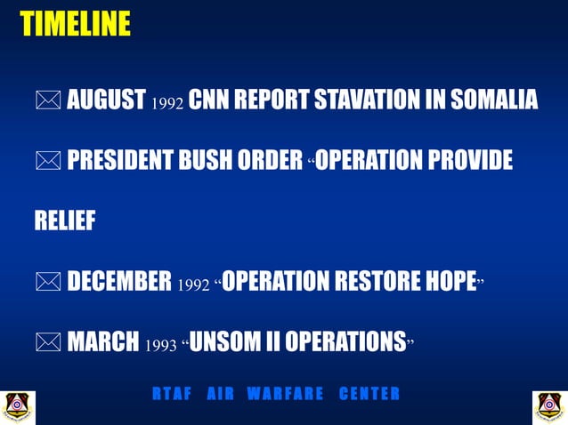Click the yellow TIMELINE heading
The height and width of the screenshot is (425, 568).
(x=75, y=24)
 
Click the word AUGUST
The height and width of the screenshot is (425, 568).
(x=106, y=100)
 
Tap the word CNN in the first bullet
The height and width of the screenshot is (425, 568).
(x=209, y=100)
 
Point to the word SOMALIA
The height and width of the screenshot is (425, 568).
(x=493, y=100)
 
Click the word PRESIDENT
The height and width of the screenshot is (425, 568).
(x=125, y=160)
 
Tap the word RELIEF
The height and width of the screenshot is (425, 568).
(x=64, y=221)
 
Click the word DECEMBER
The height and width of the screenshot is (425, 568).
(x=119, y=282)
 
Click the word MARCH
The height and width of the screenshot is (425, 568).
(x=102, y=342)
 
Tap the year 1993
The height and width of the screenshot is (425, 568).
(x=160, y=345)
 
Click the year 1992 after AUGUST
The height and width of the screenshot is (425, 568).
(x=167, y=102)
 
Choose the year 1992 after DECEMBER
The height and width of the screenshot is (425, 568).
(x=194, y=285)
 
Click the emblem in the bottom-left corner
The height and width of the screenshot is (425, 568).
(x=17, y=406)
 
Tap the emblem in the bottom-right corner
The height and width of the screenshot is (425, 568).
(x=549, y=406)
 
